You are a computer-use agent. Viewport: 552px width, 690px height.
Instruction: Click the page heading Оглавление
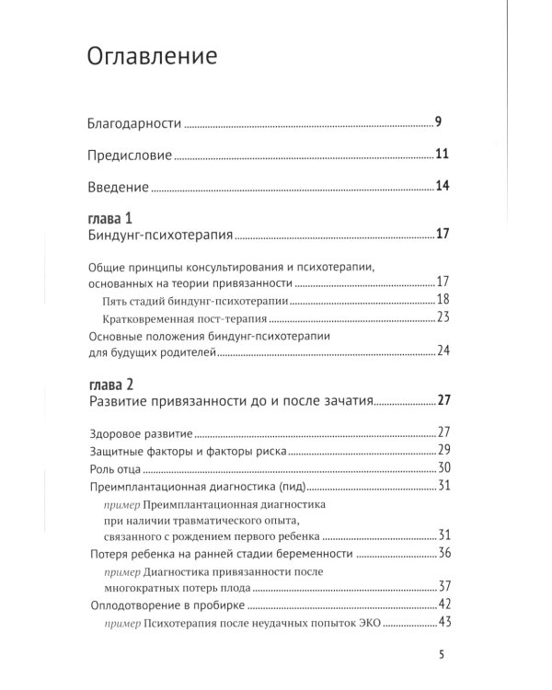tap(152, 57)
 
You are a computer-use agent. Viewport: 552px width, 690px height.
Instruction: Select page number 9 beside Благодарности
tap(440, 122)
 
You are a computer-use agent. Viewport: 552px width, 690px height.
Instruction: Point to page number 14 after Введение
tap(442, 187)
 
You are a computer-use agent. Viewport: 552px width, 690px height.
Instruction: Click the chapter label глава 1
tap(111, 218)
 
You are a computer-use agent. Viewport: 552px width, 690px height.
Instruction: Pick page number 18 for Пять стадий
tap(442, 300)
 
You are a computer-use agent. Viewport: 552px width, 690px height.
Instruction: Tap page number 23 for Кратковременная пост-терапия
tap(442, 317)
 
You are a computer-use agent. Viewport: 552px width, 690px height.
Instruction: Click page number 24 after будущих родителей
tap(442, 351)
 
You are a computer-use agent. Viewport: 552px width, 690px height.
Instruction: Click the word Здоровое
tap(117, 432)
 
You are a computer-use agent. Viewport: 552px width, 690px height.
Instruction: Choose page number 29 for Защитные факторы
tap(442, 450)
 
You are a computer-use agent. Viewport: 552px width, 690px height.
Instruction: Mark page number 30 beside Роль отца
tap(442, 468)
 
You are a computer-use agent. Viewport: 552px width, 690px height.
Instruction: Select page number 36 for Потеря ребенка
tap(442, 553)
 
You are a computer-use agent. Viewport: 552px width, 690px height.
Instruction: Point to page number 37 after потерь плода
tap(442, 587)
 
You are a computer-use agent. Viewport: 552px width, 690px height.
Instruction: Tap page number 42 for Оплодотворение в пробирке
tap(442, 604)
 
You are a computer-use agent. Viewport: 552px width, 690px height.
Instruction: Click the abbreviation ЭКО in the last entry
tap(366, 623)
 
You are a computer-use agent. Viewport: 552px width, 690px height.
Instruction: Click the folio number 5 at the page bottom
tap(443, 656)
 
